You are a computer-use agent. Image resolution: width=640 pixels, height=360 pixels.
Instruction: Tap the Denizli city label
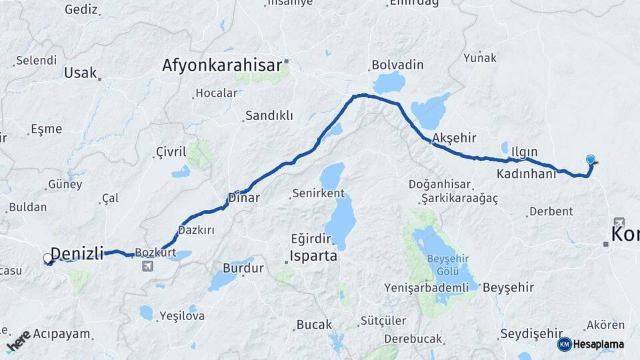[77, 253]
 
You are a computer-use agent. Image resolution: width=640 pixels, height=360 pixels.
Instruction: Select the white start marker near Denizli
[48, 258]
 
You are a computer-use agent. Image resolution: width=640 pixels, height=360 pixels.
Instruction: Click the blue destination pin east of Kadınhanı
[590, 160]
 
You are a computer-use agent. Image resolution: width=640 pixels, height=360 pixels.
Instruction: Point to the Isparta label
[313, 255]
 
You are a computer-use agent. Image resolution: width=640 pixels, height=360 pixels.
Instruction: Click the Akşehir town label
[454, 138]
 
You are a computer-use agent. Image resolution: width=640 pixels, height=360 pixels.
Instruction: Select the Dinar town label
[243, 197]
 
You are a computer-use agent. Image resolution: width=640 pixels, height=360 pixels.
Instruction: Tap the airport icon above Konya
[619, 222]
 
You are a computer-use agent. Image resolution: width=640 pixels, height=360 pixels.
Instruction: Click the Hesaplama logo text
[598, 344]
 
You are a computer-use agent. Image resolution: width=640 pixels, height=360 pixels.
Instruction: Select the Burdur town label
[243, 268]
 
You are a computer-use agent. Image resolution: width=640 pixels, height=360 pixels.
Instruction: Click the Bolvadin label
[397, 65]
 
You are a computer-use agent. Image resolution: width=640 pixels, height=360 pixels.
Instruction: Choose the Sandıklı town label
[269, 115]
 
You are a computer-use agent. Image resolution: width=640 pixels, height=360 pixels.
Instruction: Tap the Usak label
[81, 73]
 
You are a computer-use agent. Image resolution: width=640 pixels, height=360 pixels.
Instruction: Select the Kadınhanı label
[526, 173]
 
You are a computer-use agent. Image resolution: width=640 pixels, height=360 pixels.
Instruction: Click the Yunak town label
[480, 57]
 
